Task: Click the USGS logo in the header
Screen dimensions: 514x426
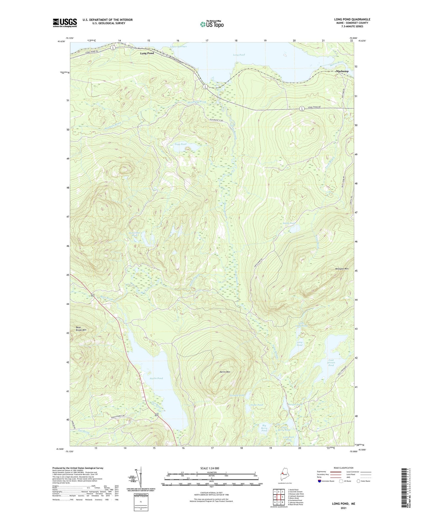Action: [x=65, y=23]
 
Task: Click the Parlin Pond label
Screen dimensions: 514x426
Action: [x=156, y=378]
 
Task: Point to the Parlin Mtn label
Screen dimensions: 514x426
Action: [x=225, y=372]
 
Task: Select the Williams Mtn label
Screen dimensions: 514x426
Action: [x=342, y=269]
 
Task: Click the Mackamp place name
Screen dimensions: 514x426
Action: [x=342, y=71]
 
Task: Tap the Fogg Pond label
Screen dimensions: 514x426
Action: [x=180, y=144]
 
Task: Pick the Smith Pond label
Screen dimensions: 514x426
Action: [x=289, y=223]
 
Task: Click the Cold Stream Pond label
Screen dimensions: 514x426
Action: [x=331, y=363]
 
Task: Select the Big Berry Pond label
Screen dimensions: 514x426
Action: [x=264, y=428]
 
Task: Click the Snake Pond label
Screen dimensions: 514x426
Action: [x=256, y=405]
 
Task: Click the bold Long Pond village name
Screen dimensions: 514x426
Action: [x=147, y=53]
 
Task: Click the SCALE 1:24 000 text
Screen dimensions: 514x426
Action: [x=210, y=468]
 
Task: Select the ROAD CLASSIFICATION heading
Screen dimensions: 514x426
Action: [x=343, y=468]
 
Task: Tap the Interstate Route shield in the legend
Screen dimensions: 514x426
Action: [x=320, y=481]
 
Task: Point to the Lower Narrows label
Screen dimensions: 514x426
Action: [x=178, y=47]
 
